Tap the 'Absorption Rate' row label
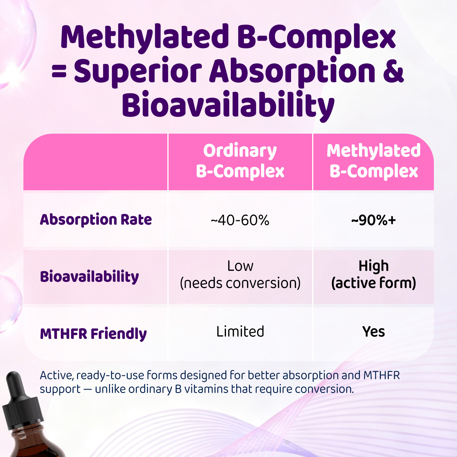pos(96,220)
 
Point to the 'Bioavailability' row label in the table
pos(89,276)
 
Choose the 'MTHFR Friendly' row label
pos(93,334)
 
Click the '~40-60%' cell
pos(240,220)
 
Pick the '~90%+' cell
pos(374,220)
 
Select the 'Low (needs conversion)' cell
pos(240,274)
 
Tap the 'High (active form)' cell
pos(374,274)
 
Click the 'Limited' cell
pos(240,332)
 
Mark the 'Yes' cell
pos(374,332)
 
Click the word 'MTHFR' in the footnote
pos(382,375)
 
